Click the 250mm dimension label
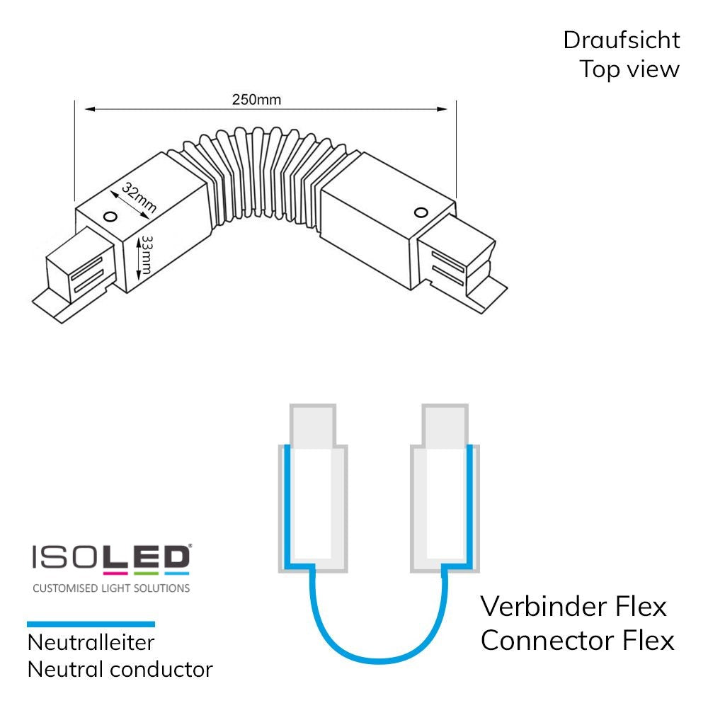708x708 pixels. (256, 99)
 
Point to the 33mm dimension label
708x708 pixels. (147, 256)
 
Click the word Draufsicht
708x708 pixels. (621, 40)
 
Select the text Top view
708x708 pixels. (629, 69)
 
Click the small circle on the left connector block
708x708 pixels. (110, 215)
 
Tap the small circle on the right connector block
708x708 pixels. (421, 212)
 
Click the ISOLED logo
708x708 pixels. (110, 559)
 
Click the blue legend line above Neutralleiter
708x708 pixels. (91, 624)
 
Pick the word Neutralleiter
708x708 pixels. (91, 643)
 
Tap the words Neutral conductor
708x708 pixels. (120, 668)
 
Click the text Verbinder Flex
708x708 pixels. (573, 607)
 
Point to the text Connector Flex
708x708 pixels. (577, 641)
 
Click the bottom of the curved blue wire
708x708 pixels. (375, 659)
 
